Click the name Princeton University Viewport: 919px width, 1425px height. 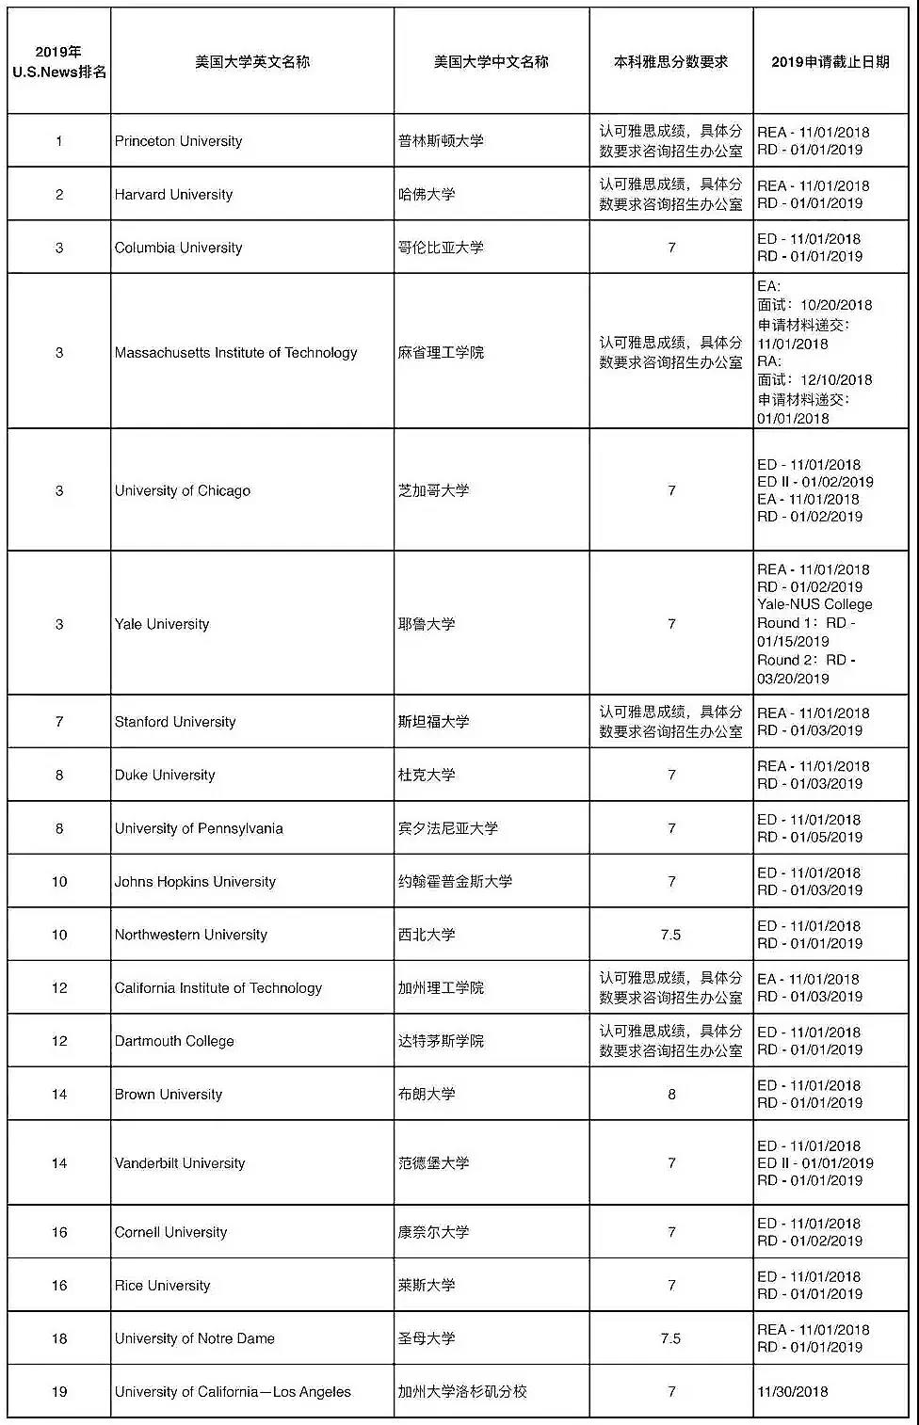[178, 141]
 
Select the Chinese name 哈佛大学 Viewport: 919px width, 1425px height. [427, 195]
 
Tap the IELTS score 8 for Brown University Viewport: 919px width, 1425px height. [671, 1094]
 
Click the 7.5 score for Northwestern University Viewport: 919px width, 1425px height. [670, 935]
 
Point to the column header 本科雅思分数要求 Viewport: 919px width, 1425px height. [670, 62]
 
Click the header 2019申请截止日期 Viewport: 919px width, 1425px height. [830, 62]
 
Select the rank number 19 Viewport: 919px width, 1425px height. [59, 1391]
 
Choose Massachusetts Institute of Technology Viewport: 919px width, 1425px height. [235, 353]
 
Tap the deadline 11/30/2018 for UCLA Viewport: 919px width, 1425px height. [793, 1391]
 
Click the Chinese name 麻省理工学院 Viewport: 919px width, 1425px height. [441, 353]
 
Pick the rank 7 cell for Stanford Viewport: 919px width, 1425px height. [59, 722]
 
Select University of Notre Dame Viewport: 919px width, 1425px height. [194, 1338]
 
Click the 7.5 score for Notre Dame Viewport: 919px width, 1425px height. [670, 1338]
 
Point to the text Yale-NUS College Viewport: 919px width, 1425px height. [814, 604]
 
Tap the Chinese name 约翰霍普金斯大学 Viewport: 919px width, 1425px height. [455, 882]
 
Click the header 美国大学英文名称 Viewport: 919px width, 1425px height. [251, 62]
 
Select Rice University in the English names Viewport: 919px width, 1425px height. [162, 1286]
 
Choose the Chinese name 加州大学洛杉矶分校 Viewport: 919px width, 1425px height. [462, 1391]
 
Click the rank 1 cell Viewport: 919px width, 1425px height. [59, 141]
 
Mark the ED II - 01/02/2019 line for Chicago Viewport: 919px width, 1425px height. [815, 482]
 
